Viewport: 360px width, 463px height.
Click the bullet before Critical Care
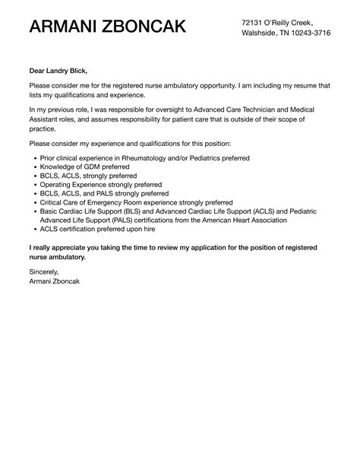point(33,202)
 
